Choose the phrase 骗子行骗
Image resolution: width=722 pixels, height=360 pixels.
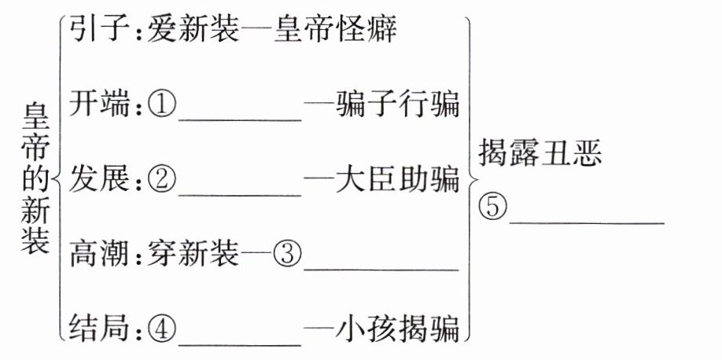point(396,104)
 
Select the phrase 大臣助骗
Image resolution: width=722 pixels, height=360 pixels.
point(396,178)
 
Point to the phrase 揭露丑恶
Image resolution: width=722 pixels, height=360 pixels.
point(540,155)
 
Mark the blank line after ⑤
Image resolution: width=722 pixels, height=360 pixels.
point(587,221)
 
